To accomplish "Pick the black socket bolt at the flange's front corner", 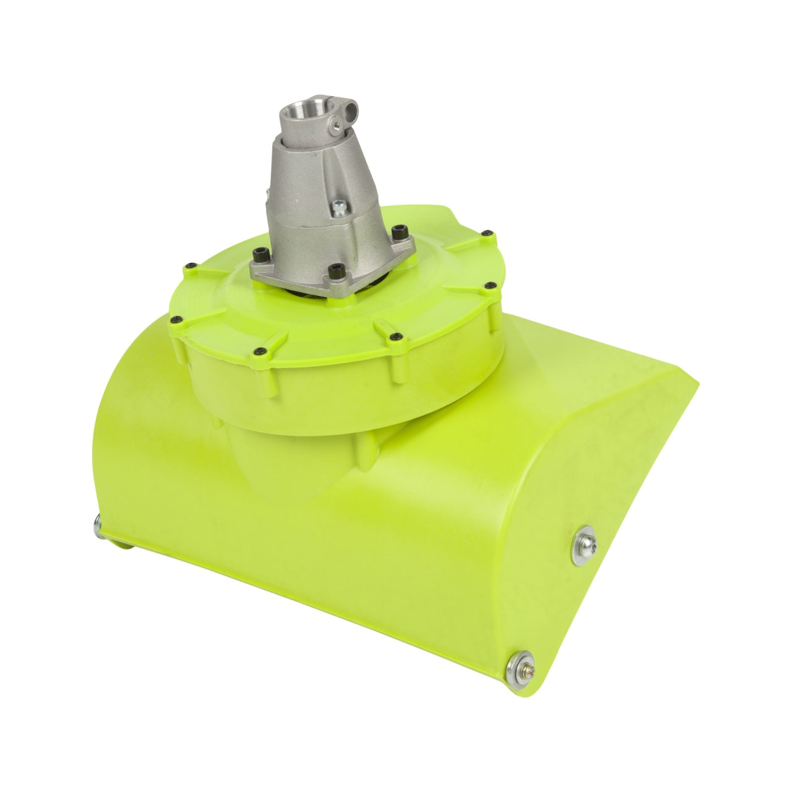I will pos(336,270).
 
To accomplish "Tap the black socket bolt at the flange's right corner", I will pos(396,231).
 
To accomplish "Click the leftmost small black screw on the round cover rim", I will pos(187,268).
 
